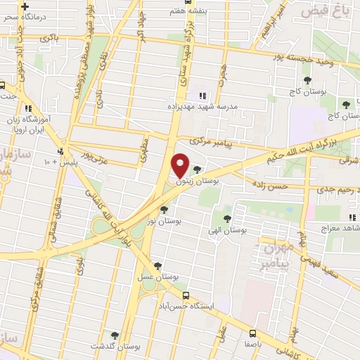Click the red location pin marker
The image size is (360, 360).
181,165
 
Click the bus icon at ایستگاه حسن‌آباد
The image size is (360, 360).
186,296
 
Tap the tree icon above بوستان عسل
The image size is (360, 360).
158,266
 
